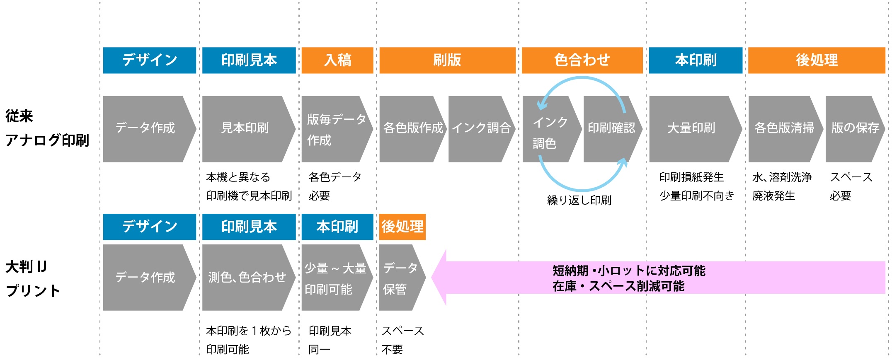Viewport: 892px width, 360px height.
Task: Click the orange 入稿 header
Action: click(x=337, y=60)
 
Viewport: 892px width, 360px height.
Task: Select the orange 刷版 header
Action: click(x=447, y=60)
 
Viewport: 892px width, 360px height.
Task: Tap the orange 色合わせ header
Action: click(x=582, y=60)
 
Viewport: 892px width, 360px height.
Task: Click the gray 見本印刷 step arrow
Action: click(x=245, y=128)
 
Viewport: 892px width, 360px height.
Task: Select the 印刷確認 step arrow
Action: click(x=611, y=128)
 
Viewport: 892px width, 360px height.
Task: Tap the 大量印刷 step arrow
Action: click(x=692, y=128)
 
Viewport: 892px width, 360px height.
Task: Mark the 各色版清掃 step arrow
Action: click(x=783, y=128)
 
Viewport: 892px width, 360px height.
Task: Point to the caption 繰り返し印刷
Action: click(x=579, y=201)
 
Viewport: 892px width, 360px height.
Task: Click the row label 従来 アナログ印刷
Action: click(x=47, y=128)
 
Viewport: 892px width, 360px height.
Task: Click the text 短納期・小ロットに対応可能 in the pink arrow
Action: click(x=628, y=271)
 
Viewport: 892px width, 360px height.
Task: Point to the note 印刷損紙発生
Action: click(x=691, y=177)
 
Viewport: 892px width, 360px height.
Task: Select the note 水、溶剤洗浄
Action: click(x=782, y=177)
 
